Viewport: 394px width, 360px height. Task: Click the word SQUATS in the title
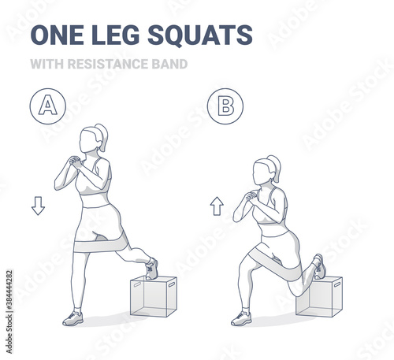tap(200, 35)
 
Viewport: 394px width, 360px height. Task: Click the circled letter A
tap(48, 106)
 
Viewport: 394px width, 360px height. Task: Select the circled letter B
tap(225, 106)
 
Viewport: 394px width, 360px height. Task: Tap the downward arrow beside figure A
tap(38, 206)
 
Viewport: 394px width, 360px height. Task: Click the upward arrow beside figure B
tap(217, 206)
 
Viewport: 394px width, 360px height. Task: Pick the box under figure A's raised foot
tap(154, 296)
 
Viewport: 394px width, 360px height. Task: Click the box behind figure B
tap(319, 297)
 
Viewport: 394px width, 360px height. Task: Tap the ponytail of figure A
tap(102, 137)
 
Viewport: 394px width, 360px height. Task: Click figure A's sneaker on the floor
tap(73, 318)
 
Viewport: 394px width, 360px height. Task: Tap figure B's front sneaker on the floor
tap(241, 318)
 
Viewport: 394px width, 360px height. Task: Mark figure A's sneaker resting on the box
tap(152, 269)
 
